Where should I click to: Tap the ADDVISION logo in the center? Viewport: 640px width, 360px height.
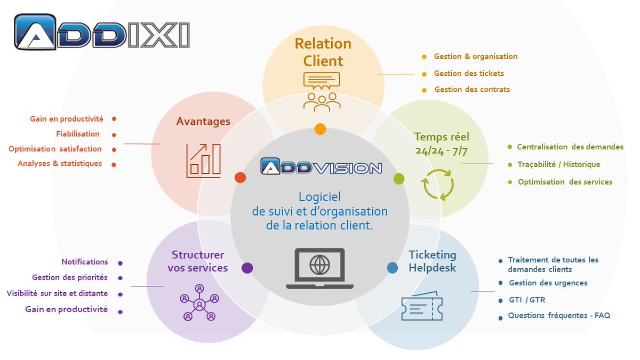[x=322, y=167]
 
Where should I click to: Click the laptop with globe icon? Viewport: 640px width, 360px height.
[x=319, y=268]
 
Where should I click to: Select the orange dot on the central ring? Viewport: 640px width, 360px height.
[x=320, y=129]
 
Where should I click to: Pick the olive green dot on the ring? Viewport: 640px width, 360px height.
[x=399, y=179]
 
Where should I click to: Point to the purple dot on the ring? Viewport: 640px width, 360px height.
[x=247, y=268]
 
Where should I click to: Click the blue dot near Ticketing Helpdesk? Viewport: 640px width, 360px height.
[x=393, y=268]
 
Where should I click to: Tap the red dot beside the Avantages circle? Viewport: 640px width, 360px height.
[x=241, y=178]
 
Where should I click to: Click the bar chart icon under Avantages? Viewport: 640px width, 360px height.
[x=203, y=160]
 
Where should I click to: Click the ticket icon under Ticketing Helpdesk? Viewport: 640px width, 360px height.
[x=419, y=307]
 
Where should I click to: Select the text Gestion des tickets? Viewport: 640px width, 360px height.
[x=469, y=73]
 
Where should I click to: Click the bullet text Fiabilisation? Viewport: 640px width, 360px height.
[x=78, y=134]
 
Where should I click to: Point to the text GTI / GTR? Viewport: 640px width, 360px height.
[x=527, y=300]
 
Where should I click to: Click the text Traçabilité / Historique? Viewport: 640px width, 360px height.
[x=558, y=164]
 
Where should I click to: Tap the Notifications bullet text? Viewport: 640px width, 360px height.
[x=85, y=262]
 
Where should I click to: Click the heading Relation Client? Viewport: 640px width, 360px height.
[x=323, y=52]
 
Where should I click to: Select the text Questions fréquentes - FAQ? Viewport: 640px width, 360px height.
[x=559, y=315]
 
